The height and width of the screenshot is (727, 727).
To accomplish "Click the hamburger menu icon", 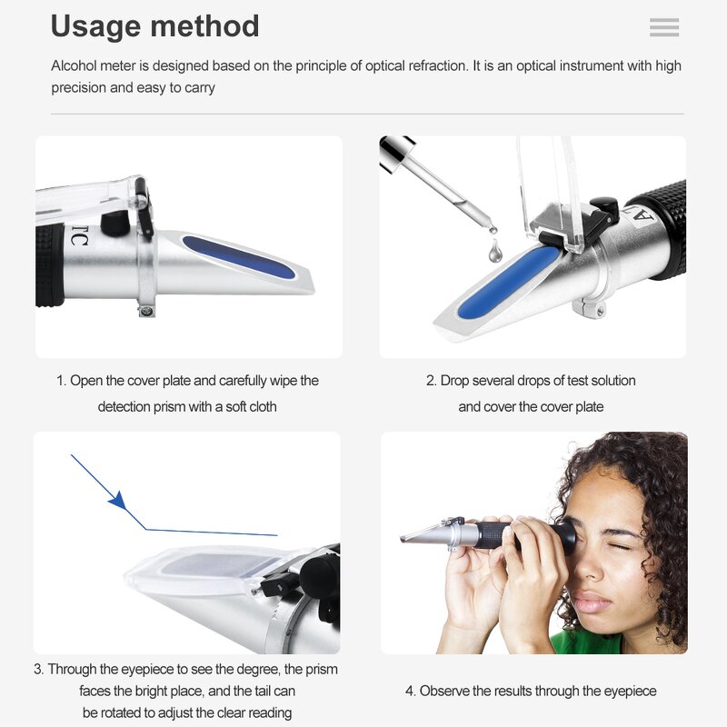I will coord(664,27).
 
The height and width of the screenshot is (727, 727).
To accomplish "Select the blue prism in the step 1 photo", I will coord(238,256).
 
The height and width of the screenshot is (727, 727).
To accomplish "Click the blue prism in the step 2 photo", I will coord(508,282).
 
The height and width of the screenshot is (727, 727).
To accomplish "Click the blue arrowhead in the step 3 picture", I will coord(117,500).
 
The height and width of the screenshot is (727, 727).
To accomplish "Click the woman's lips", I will coord(592,602).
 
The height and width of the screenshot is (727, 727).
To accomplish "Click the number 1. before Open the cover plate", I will coord(62,381).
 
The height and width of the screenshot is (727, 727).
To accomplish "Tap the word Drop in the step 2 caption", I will coord(455,381).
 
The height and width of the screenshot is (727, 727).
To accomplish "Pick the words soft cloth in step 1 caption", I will coord(248,406).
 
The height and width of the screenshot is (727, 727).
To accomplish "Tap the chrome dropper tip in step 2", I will coord(396,149).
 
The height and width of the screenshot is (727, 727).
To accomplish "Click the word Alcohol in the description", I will coord(75,66).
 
